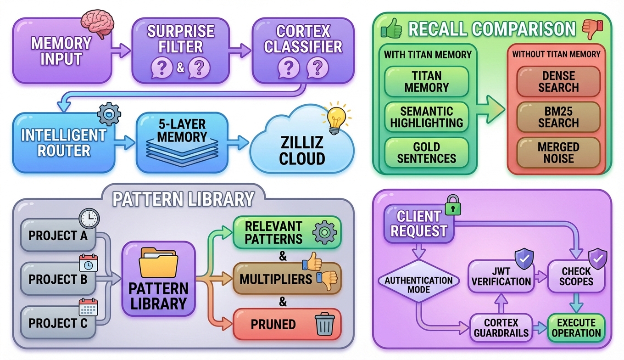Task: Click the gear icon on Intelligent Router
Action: tap(109, 114)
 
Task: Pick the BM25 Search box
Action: tap(558, 117)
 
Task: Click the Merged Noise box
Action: tap(558, 153)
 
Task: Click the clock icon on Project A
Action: tap(89, 219)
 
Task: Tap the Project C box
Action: tap(58, 323)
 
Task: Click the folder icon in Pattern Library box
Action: tap(158, 263)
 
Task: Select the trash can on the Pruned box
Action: tap(324, 324)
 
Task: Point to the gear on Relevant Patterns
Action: tap(324, 232)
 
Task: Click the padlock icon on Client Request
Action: tap(452, 205)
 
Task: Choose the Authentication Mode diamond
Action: tap(418, 285)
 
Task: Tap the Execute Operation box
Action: tap(576, 328)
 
